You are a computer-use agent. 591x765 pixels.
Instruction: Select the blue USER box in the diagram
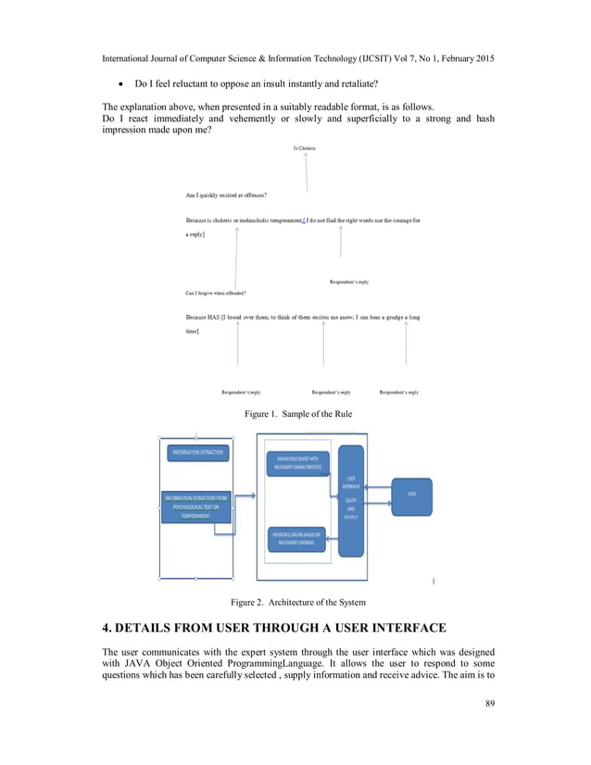pyautogui.click(x=411, y=495)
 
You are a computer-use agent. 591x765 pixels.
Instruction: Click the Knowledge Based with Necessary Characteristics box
pyautogui.click(x=297, y=463)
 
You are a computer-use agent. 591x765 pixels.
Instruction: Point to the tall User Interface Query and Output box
pyautogui.click(x=351, y=500)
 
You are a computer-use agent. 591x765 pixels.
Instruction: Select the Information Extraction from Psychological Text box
pyautogui.click(x=196, y=506)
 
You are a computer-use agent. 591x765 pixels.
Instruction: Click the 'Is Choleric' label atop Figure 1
pyautogui.click(x=306, y=148)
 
